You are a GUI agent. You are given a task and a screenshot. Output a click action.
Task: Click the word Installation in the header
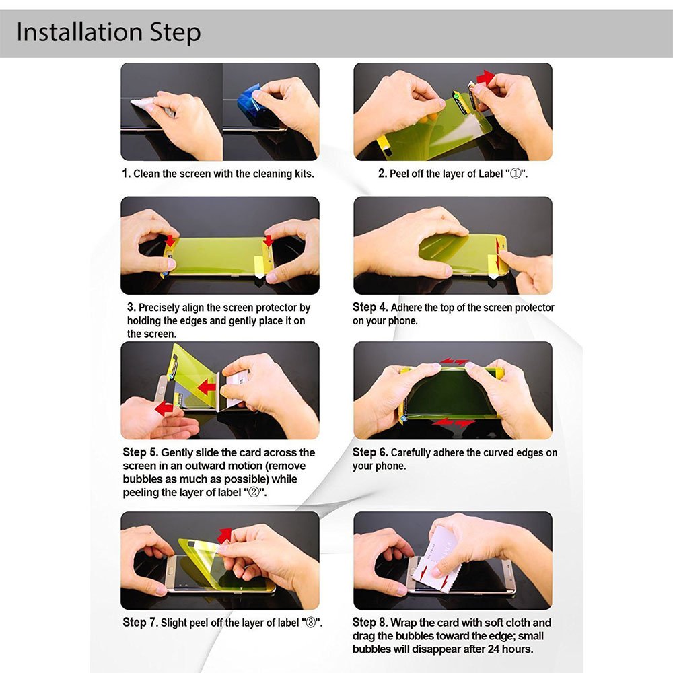click(x=79, y=32)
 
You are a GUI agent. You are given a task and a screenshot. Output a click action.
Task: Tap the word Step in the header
click(x=175, y=33)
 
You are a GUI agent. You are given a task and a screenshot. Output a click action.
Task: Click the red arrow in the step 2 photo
click(x=485, y=77)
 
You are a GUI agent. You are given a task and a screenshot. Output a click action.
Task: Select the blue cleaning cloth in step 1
click(x=250, y=103)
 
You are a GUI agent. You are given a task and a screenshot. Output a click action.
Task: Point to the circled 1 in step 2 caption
click(x=516, y=174)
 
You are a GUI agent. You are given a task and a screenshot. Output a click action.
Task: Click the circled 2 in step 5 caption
click(x=254, y=492)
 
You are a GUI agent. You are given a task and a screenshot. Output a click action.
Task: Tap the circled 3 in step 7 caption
click(x=310, y=623)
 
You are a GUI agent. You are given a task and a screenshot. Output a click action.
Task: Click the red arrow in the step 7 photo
click(x=225, y=536)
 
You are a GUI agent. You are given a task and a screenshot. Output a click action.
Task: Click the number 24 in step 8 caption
click(x=493, y=649)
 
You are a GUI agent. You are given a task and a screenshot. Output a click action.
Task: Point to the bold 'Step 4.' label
click(x=370, y=307)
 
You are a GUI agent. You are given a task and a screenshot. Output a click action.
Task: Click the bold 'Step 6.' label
click(x=370, y=452)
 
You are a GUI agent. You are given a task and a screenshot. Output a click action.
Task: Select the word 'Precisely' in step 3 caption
click(x=159, y=308)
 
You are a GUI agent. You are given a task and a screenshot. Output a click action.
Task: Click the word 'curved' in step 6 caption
click(x=509, y=452)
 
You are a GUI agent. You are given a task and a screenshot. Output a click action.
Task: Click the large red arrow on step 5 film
click(x=207, y=388)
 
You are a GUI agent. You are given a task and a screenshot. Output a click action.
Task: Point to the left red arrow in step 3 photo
click(x=170, y=241)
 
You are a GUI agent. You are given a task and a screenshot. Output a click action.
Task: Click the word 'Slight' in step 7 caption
click(x=174, y=623)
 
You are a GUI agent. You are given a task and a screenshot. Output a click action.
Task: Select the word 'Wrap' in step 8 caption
click(x=403, y=623)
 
